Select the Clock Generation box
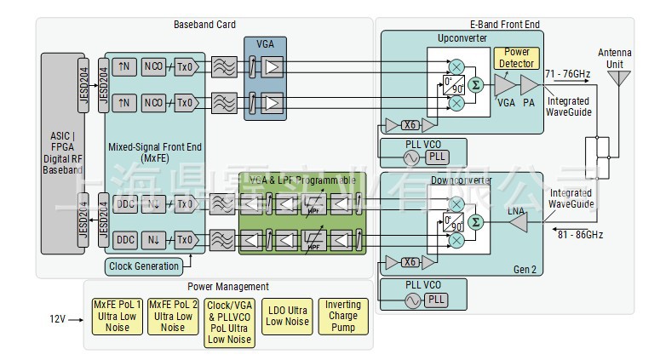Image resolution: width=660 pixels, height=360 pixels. click(146, 266)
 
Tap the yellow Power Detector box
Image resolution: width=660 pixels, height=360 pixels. click(516, 58)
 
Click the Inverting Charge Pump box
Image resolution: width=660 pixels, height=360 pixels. click(343, 316)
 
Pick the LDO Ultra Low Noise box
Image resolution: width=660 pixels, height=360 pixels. click(287, 316)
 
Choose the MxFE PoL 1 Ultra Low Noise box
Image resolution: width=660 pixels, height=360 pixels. click(115, 316)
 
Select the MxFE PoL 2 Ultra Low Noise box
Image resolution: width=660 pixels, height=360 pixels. click(173, 316)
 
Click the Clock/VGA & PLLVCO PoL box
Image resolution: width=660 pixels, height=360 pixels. click(230, 322)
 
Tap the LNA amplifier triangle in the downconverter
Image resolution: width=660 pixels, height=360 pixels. click(517, 223)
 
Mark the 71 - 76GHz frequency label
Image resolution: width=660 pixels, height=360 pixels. click(567, 74)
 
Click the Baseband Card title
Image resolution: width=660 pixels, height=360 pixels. click(204, 25)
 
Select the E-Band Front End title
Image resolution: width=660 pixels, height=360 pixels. click(504, 25)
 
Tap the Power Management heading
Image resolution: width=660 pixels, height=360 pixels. click(227, 287)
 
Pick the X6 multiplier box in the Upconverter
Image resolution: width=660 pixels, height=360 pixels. click(410, 125)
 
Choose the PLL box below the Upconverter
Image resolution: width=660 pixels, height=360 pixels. click(436, 157)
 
